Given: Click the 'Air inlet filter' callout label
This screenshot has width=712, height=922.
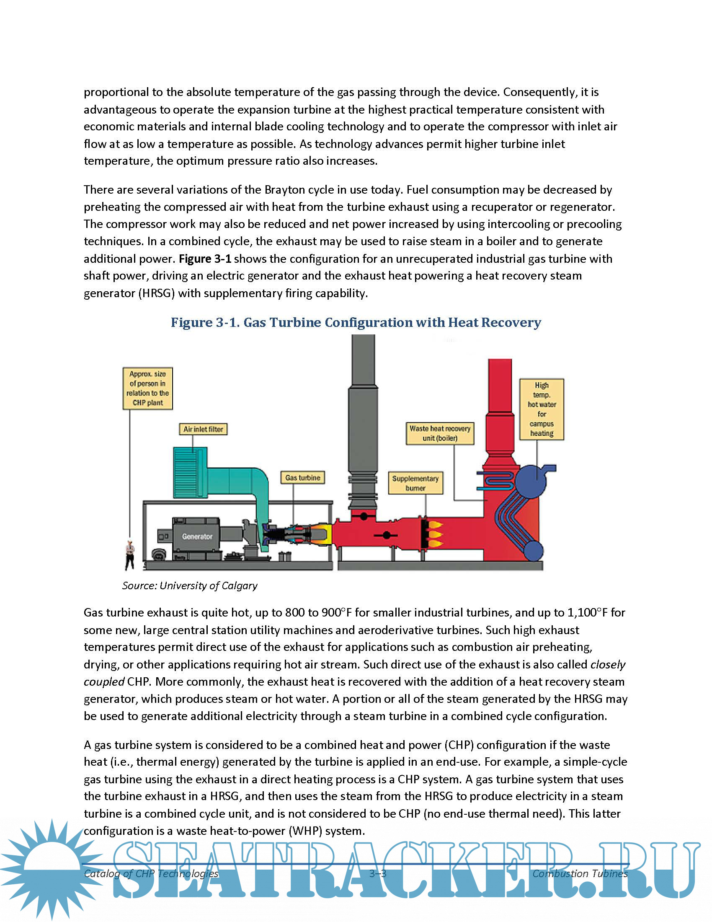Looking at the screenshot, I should coord(203,429).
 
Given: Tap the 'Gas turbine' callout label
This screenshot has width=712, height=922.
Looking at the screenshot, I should coord(302,477).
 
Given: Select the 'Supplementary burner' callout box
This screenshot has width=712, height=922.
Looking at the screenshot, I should coord(415,483).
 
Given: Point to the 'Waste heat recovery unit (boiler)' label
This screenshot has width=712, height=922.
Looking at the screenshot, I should coord(440,433).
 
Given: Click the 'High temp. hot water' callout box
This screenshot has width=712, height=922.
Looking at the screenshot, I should coord(542,409).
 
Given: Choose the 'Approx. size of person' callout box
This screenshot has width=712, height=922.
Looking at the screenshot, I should coord(147,388).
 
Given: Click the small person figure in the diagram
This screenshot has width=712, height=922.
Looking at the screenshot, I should coord(130,554).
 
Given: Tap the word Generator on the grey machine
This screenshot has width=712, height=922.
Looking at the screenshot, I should coord(197,536).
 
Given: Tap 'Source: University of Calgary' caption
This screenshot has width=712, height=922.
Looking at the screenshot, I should coord(190,585).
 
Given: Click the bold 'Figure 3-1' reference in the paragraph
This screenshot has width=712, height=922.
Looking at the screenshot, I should coord(205,259).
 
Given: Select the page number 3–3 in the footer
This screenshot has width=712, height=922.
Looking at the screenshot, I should coord(377,873).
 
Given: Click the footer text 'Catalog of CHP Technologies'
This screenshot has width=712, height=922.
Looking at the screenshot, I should coord(151,873).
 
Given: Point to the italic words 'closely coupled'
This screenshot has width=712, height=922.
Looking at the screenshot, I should coord(607,665).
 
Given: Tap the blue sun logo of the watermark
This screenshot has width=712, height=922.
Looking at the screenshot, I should coord(51,870).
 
